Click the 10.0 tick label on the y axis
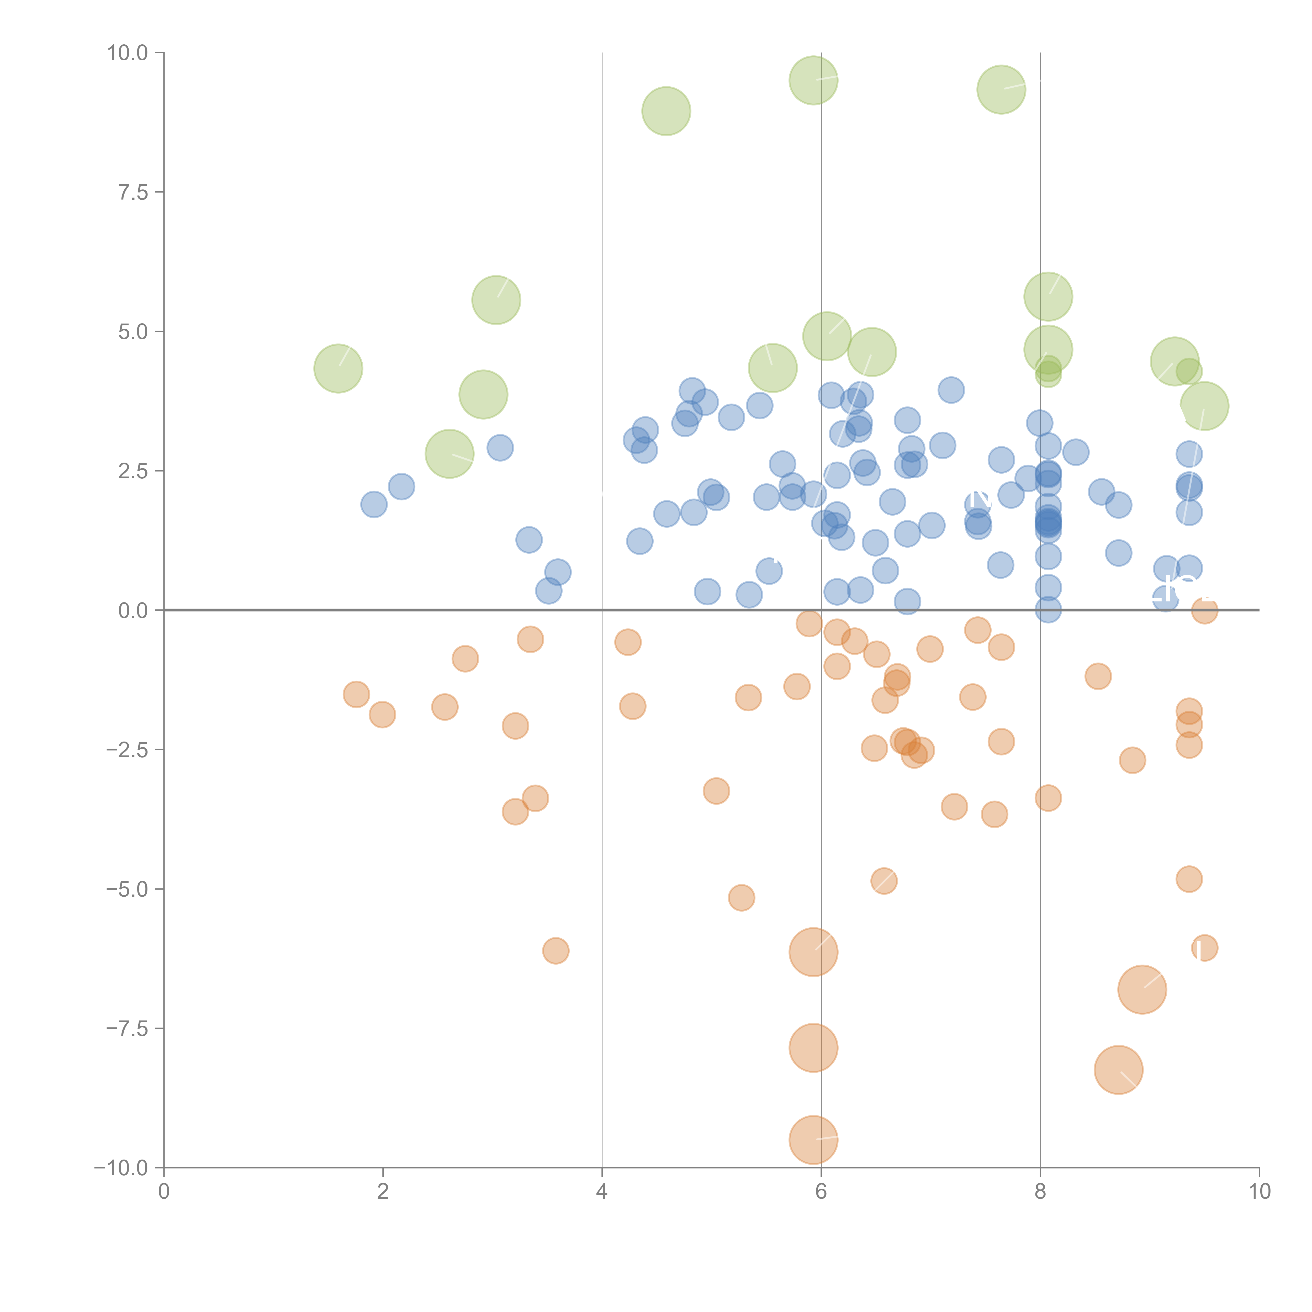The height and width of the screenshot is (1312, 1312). (128, 53)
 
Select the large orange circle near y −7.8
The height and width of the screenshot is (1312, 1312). (813, 1048)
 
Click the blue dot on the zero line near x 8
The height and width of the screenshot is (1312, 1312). (1048, 610)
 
